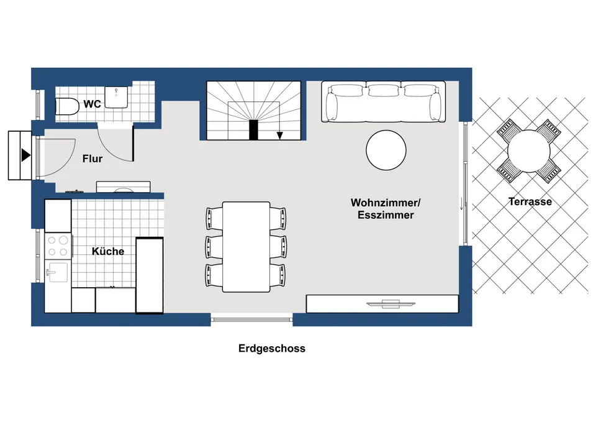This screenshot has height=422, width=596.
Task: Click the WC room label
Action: pos(93,104)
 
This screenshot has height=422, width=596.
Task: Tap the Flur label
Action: pos(93,158)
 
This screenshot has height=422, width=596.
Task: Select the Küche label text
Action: pos(108,251)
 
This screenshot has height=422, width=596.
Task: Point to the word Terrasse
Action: pos(530,201)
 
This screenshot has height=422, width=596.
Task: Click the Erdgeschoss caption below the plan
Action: pos(272,349)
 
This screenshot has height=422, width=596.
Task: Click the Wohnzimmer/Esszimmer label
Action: pos(386,209)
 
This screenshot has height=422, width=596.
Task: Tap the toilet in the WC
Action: pos(67,106)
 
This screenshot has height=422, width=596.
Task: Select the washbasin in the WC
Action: pos(116,97)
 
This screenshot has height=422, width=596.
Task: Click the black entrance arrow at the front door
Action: pos(26,155)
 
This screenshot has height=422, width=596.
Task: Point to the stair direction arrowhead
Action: pos(280,135)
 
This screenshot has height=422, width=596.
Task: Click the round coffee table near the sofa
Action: pos(386,150)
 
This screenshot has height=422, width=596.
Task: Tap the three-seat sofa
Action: pos(384,101)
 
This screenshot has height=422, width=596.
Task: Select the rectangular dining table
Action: pos(246,247)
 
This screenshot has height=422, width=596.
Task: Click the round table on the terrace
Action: pos(529,151)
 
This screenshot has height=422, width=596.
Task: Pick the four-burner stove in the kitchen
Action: pos(58,246)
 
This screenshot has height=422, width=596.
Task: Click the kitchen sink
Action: pos(57,272)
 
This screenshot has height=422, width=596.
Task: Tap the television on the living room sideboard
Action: pos(391,304)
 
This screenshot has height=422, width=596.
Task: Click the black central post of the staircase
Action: pos(253,130)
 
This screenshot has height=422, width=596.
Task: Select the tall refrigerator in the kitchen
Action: pos(150,275)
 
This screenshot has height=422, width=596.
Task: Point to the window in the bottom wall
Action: pos(251,319)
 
